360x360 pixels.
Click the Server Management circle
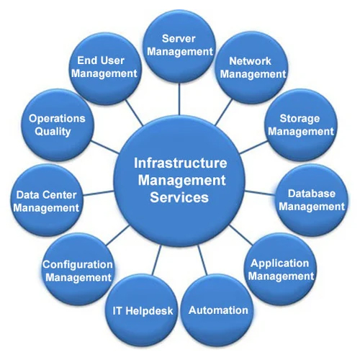179,45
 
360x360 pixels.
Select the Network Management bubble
253,68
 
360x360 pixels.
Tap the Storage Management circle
302,125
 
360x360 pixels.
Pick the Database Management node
312,200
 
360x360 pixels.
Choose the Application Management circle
280,269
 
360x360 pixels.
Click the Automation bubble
217,310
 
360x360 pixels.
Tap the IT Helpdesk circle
142,310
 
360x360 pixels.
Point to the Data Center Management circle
47,200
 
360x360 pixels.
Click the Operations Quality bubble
58,125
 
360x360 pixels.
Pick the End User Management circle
105,68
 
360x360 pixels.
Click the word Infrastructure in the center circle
181,163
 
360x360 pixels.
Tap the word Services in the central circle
179,197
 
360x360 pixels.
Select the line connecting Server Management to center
179,99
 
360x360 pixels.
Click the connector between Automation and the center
202,260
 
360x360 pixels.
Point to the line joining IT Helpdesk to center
157,260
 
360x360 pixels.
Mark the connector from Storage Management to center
253,147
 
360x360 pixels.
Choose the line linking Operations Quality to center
105,147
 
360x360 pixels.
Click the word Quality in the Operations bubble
53,132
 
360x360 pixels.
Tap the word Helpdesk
149,311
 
